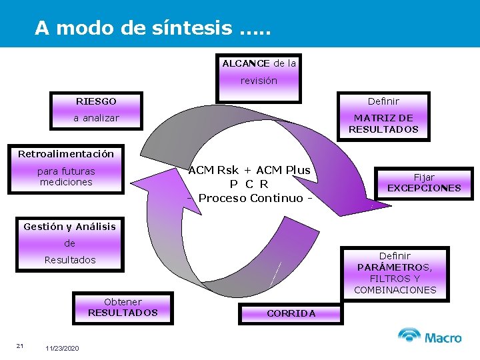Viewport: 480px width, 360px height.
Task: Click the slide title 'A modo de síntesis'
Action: (153, 28)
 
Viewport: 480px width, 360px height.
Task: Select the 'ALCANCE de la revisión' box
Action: (259, 72)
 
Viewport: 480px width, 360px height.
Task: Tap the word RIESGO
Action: (96, 101)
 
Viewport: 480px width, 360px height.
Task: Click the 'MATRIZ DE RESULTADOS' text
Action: (383, 124)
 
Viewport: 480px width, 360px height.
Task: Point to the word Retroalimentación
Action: (66, 154)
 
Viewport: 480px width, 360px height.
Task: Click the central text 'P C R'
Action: (249, 184)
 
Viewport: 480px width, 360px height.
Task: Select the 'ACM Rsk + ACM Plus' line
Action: (249, 170)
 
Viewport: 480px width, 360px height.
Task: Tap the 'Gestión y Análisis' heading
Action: (69, 227)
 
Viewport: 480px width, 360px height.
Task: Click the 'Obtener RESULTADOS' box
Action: (123, 307)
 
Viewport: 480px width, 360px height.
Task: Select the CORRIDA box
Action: (291, 313)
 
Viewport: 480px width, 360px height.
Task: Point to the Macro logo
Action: (430, 337)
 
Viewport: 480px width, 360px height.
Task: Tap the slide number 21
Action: (20, 345)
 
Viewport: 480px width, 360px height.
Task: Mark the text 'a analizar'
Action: (96, 118)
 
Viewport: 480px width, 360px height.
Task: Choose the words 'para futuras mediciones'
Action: (66, 177)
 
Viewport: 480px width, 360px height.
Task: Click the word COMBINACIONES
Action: (395, 290)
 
